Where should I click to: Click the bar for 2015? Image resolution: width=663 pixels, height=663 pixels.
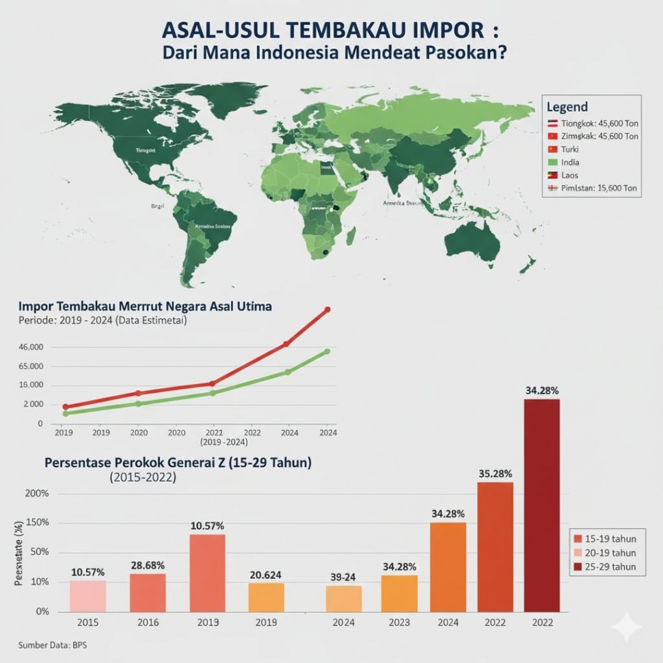pos(87,595)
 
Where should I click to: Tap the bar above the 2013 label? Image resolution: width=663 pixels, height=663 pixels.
pos(207,573)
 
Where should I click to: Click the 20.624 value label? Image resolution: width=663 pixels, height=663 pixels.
pos(266,575)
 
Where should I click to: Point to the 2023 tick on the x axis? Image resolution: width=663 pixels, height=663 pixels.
pos(398,623)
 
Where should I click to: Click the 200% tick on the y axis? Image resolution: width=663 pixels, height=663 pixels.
pos(37,493)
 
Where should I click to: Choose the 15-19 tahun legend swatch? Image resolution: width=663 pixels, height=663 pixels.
pos(578,538)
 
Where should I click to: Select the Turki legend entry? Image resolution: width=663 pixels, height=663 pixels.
pos(569,149)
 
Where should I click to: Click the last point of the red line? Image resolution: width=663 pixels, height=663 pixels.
pos(327,310)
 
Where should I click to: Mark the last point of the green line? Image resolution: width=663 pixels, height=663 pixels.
pos(327,351)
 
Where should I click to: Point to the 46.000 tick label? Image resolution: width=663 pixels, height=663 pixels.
pos(30,347)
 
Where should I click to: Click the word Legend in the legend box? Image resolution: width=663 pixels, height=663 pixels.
pos(567,107)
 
